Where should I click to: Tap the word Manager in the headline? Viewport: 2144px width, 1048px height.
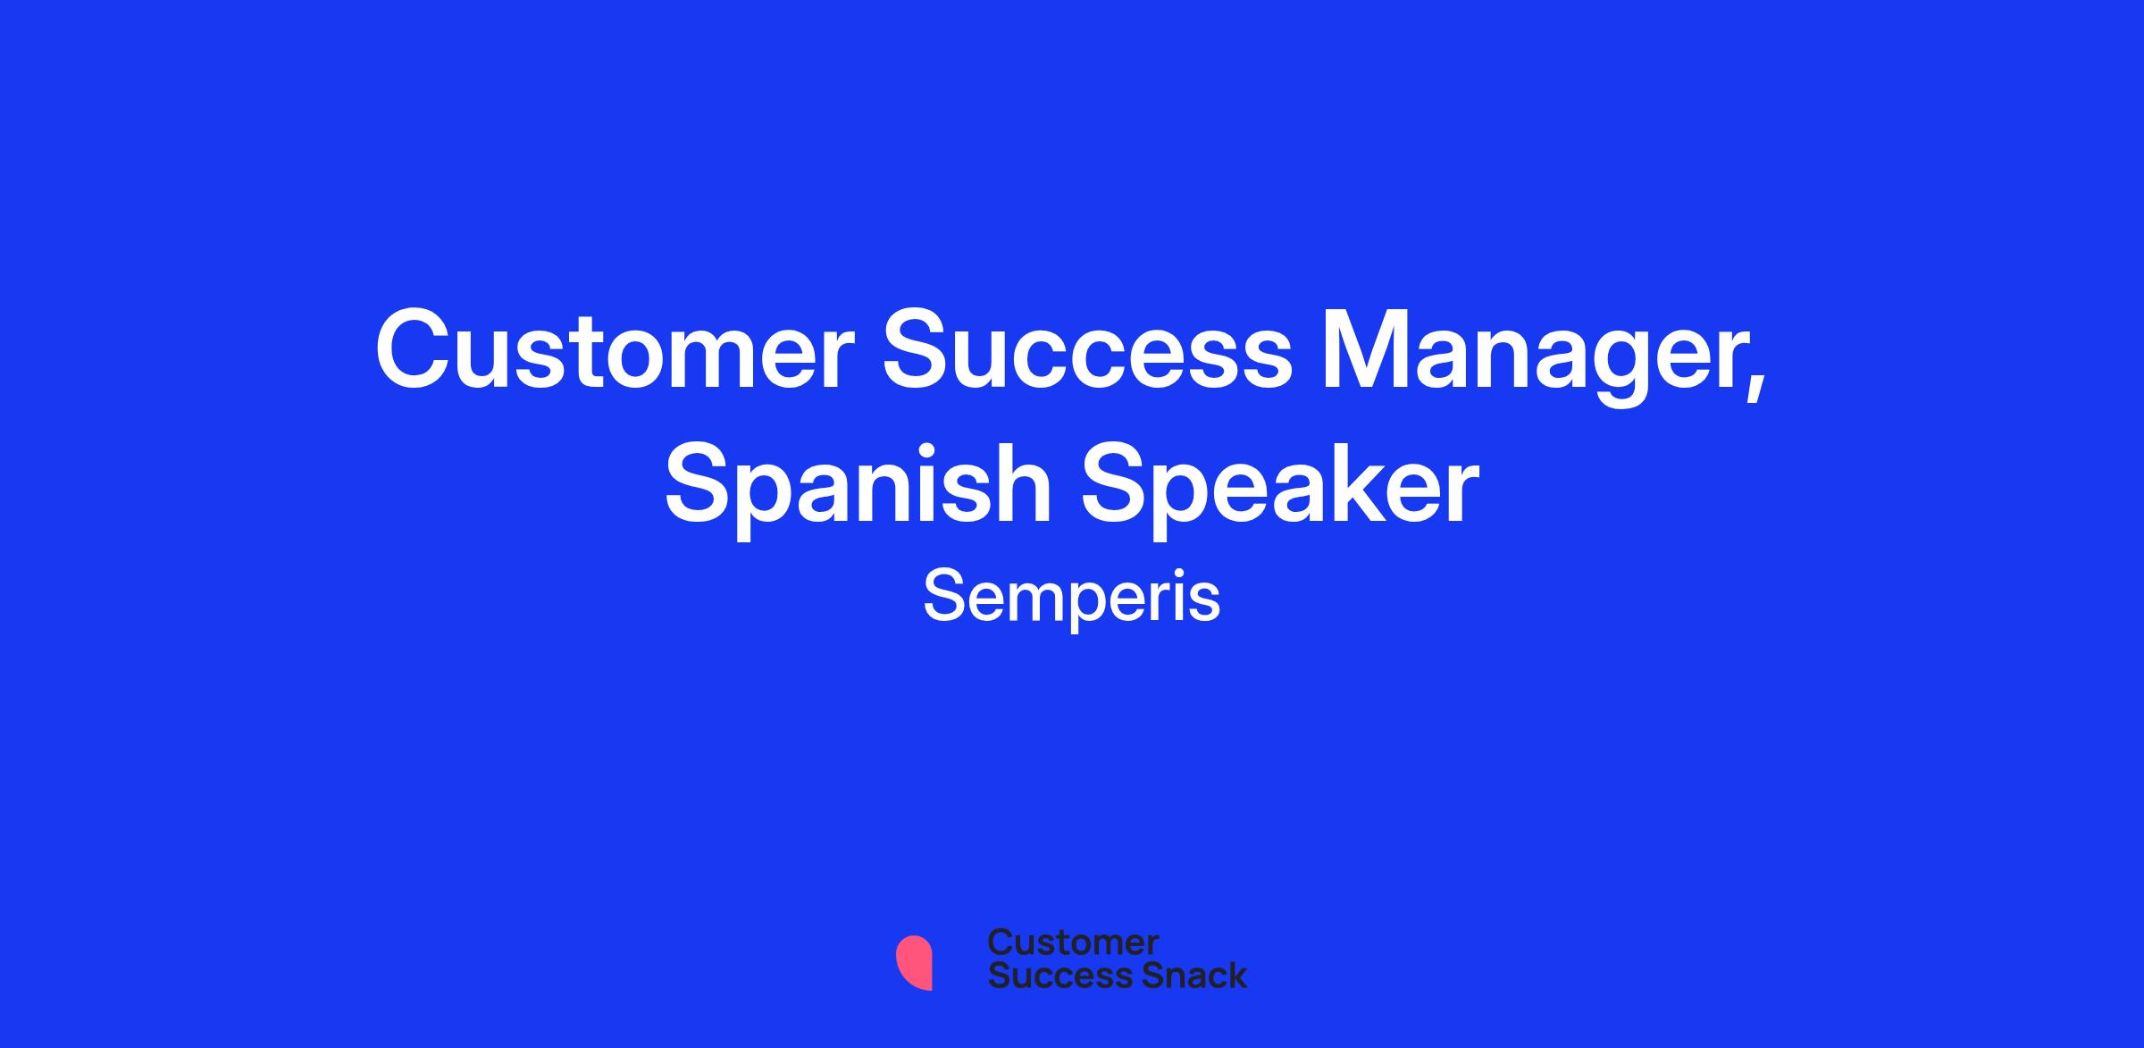coord(1533,356)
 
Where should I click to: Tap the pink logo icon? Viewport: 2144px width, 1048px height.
coord(914,962)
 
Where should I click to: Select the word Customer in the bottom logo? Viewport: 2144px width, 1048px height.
coord(1073,942)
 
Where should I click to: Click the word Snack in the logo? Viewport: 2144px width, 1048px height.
coord(1182,975)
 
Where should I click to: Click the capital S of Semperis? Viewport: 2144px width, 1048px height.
coord(942,596)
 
